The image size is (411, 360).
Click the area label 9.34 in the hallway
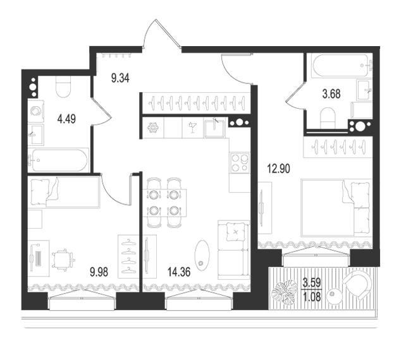tap(120, 78)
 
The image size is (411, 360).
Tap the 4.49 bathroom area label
tap(66, 119)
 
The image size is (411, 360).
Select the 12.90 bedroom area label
tap(278, 169)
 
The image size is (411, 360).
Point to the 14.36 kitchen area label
tap(179, 272)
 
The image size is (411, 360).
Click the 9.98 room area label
tap(99, 272)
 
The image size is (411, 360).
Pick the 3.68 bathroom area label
tap(331, 93)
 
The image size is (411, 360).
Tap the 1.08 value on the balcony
tap(312, 297)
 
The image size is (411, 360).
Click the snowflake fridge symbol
tap(153, 128)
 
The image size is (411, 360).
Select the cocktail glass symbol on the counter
tap(193, 127)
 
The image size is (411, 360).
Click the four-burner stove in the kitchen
tap(240, 162)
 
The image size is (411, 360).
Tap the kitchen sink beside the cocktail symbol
tap(215, 128)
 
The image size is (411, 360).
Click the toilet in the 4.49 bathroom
tap(63, 87)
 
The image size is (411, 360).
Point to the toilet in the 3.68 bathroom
tap(328, 118)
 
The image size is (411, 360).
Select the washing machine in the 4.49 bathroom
tap(36, 111)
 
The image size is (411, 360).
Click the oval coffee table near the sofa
tap(202, 255)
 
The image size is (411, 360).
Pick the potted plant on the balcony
tap(283, 292)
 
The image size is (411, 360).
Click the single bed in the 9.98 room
tap(64, 192)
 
